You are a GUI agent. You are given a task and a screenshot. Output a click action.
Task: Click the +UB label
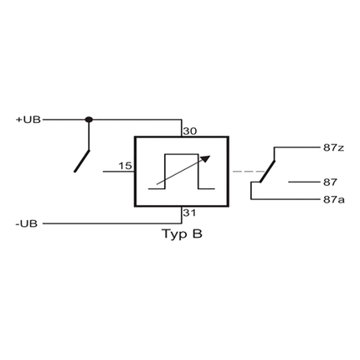point(28,120)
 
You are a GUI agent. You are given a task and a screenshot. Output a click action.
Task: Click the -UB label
point(26,224)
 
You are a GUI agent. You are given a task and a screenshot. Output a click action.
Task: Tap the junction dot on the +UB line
point(90,120)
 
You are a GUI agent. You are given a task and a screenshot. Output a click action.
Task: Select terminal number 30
point(189,131)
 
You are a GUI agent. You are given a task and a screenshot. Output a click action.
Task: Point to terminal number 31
point(189,213)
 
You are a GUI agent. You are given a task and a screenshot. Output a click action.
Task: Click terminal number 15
point(125,166)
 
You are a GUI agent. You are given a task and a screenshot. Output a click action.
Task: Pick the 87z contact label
point(333,147)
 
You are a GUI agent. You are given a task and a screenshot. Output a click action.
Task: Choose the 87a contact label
point(333,199)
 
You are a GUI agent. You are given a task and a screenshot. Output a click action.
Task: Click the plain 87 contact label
point(329,182)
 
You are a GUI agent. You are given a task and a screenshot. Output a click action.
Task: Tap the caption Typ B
point(182,235)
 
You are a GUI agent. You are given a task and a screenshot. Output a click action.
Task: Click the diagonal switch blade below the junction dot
point(82,157)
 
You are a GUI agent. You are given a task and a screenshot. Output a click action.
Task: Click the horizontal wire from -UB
point(109,224)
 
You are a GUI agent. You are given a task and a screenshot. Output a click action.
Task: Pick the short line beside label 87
point(299,182)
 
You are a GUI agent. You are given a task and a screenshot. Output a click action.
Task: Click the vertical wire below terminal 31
point(182,215)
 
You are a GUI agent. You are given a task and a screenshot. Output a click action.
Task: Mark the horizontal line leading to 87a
point(285,199)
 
